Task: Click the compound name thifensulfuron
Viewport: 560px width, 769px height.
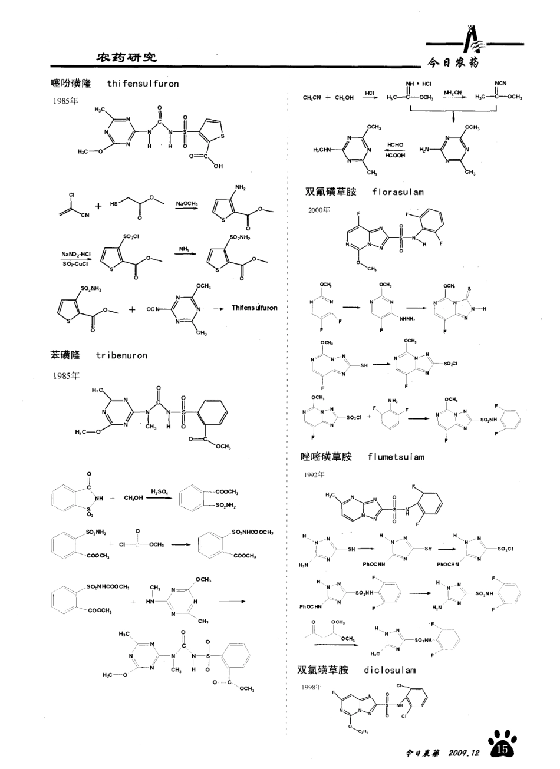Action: click(x=143, y=84)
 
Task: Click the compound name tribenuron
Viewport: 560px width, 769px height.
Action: click(x=121, y=355)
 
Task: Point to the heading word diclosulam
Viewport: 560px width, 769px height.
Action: click(x=390, y=670)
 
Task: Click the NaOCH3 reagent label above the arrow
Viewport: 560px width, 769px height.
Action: click(x=187, y=203)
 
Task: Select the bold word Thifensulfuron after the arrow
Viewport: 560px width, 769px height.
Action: click(x=254, y=308)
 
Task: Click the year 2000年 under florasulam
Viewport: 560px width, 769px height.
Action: click(x=319, y=210)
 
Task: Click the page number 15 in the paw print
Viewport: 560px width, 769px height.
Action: click(x=502, y=749)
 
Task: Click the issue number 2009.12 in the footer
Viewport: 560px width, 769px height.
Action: click(x=465, y=753)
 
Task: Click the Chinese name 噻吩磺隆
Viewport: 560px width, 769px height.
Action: click(x=71, y=84)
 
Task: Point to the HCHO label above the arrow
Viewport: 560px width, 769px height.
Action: click(x=396, y=144)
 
